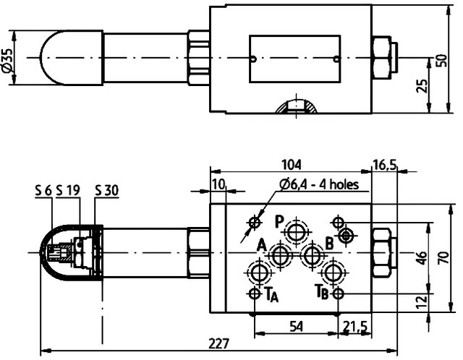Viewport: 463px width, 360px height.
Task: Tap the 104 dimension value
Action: coord(292,165)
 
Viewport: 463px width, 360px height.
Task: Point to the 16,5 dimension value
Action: coord(385,165)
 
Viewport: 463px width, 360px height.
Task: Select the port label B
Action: coord(329,244)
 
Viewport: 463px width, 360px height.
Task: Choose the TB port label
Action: coord(322,293)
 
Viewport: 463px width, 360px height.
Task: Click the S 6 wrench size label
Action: coord(43,191)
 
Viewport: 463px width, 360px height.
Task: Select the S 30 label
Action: coord(107,191)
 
